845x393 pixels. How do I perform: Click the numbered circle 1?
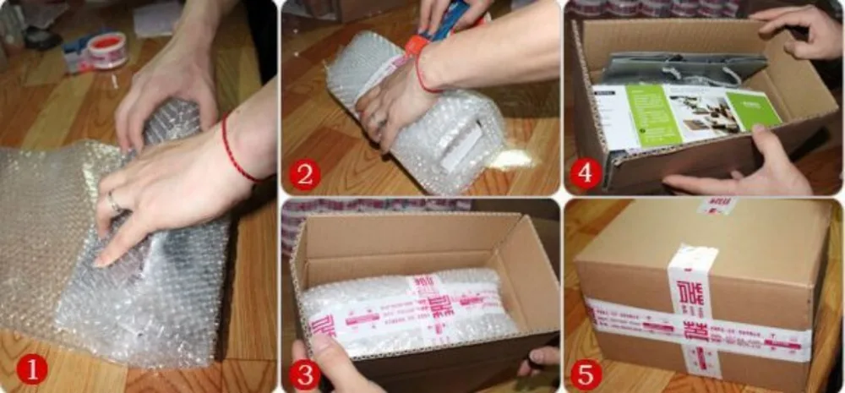(31, 368)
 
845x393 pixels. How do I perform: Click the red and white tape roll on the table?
(107, 49)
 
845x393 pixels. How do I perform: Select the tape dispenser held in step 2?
(439, 25)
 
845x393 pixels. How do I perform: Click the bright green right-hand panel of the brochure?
(751, 109)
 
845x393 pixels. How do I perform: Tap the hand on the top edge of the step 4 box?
(799, 30)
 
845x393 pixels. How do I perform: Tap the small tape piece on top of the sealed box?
(716, 205)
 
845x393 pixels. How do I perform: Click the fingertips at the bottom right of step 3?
(541, 358)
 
